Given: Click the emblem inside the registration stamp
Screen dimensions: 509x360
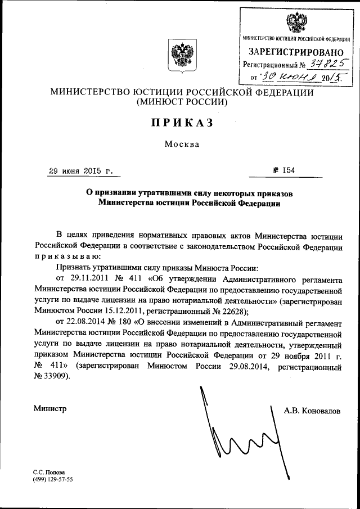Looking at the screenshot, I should (x=296, y=23).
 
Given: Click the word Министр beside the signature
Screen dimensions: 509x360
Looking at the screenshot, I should (x=49, y=409).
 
